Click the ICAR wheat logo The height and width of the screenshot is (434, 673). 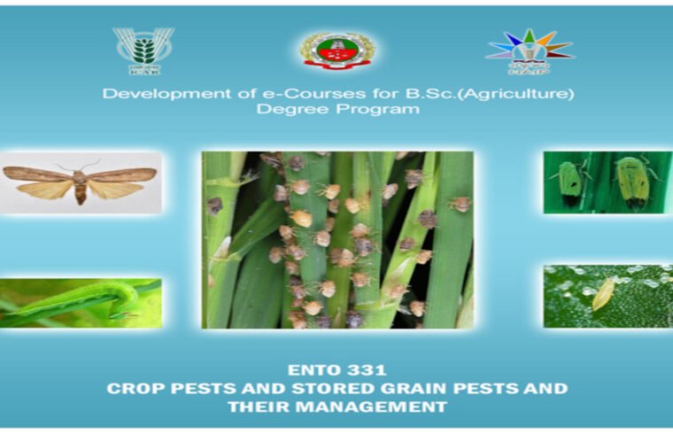pos(143,50)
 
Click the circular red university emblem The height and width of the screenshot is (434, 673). pos(337,50)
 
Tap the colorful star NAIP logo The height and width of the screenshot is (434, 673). pos(530,49)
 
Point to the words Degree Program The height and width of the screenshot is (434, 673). pos(337,110)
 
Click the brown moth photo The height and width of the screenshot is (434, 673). pos(81,182)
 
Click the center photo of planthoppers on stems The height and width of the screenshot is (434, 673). pos(337,239)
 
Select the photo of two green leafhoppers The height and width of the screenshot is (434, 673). pos(607,182)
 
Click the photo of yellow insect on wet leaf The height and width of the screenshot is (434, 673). pos(607,296)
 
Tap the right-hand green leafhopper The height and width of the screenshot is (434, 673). pos(632,182)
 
